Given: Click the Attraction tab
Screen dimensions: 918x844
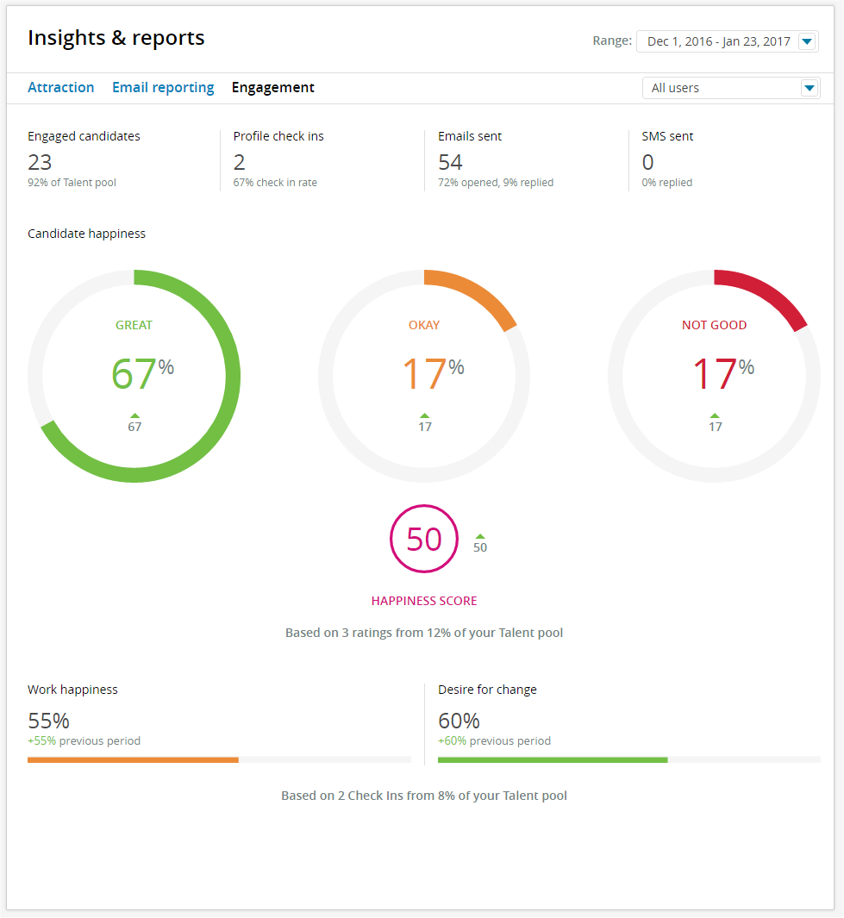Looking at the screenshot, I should pyautogui.click(x=60, y=87).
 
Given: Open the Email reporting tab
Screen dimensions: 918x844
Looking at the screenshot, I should pyautogui.click(x=163, y=87).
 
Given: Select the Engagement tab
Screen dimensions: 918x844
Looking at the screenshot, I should pyautogui.click(x=272, y=87).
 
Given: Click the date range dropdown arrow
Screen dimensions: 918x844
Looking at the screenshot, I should pyautogui.click(x=807, y=41).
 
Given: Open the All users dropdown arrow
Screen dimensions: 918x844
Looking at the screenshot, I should pyautogui.click(x=809, y=88).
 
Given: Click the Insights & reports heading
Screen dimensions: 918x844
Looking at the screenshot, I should pyautogui.click(x=116, y=38).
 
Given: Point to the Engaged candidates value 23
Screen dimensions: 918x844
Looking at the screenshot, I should pyautogui.click(x=40, y=162).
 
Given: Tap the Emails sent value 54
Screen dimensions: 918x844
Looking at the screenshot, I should pyautogui.click(x=450, y=162).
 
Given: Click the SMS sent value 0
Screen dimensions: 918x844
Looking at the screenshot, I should pyautogui.click(x=647, y=162).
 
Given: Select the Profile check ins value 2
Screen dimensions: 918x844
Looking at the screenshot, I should pyautogui.click(x=239, y=162).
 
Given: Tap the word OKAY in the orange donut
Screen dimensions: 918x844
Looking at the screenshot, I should pyautogui.click(x=424, y=325).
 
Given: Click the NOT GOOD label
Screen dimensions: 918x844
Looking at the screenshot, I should pyautogui.click(x=714, y=325).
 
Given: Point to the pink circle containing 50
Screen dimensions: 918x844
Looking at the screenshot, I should pyautogui.click(x=424, y=539).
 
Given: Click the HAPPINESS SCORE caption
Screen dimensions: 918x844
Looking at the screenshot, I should pyautogui.click(x=424, y=601).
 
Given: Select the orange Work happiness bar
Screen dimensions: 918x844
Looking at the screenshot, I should pyautogui.click(x=133, y=759).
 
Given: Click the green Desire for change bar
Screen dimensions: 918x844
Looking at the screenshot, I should pyautogui.click(x=553, y=759).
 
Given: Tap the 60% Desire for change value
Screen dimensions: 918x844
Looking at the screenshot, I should pyautogui.click(x=459, y=721).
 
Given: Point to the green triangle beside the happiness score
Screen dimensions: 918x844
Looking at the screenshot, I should pyautogui.click(x=480, y=536).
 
